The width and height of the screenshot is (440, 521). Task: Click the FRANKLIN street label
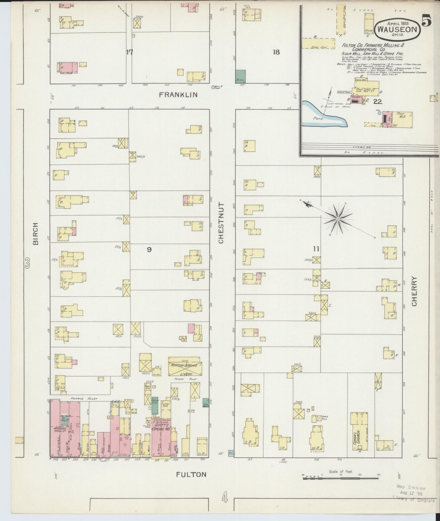pyautogui.click(x=178, y=95)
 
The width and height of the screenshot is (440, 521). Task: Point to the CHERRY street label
pyautogui.click(x=414, y=291)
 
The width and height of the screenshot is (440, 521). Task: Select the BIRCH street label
pyautogui.click(x=36, y=233)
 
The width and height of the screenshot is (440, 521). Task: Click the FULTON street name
pyautogui.click(x=191, y=474)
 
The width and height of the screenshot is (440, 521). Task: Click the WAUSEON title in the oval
pyautogui.click(x=398, y=30)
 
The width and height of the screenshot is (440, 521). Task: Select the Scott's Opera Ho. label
pyautogui.click(x=162, y=427)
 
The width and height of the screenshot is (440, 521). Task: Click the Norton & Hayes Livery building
pyautogui.click(x=184, y=367)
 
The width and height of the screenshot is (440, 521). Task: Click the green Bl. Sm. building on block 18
pyautogui.click(x=241, y=76)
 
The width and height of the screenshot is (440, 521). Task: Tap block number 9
pyautogui.click(x=149, y=249)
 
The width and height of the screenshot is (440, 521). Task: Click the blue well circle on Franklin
pyautogui.click(x=213, y=87)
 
